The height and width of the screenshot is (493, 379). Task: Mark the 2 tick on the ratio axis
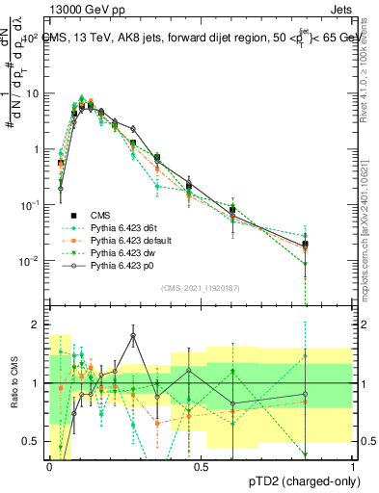click(38, 324)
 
